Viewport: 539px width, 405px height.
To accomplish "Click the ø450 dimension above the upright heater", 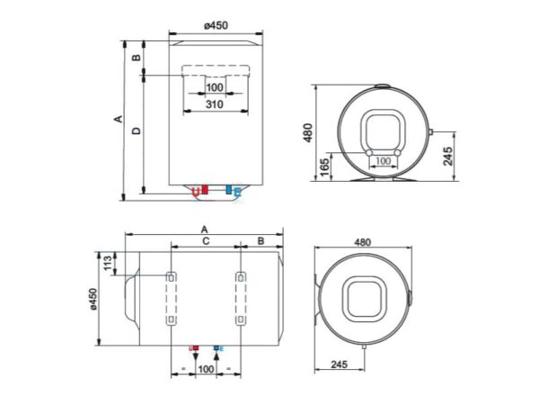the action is pos(216,25).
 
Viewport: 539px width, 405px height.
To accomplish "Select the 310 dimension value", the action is pos(215,104).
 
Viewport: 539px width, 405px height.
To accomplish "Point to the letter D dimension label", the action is pos(137,130).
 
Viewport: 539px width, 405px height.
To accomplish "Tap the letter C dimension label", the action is pos(206,240).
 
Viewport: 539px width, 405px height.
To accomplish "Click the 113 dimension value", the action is pos(108,264).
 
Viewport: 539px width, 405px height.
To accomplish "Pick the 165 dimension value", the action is pos(325,167).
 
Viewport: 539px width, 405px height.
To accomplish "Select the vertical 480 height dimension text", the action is pos(307,132).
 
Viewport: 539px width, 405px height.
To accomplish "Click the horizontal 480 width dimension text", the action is pos(363,242).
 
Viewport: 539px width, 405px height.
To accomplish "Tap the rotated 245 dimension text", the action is pos(447,156).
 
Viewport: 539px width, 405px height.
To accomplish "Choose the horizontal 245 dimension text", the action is pos(339,364).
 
